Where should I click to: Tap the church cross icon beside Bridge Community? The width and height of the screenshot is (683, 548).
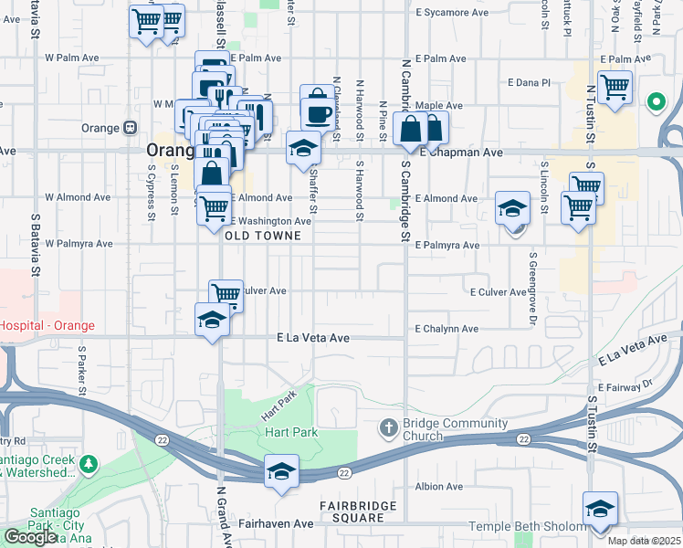point(388,427)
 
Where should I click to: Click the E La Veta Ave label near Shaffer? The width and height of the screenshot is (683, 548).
point(313,338)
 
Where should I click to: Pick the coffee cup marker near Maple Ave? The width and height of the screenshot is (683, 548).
point(317,114)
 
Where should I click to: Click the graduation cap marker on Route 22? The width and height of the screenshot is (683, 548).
point(281,471)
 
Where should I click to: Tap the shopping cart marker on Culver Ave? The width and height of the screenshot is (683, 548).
point(226,294)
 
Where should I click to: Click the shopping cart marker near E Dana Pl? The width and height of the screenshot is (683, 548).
point(615,88)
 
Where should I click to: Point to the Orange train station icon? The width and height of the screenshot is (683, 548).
point(131,127)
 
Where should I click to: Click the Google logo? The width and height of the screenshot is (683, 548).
point(30,537)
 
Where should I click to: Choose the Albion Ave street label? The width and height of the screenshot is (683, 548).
point(436,487)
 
